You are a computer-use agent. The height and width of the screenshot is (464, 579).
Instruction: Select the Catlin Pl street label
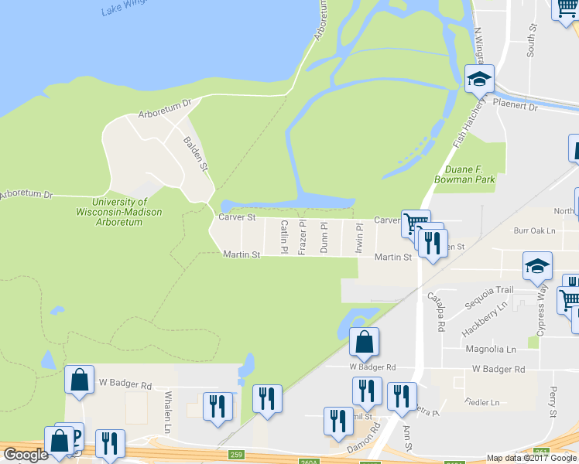click(284, 237)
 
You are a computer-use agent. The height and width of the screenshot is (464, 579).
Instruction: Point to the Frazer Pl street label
click(303, 237)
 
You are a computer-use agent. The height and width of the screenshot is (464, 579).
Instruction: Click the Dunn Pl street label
click(324, 237)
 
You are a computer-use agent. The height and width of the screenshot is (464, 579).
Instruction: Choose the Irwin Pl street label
click(359, 237)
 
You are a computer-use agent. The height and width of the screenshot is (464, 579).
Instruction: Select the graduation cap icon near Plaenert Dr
click(479, 79)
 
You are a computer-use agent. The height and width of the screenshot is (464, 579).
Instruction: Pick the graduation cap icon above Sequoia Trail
click(537, 266)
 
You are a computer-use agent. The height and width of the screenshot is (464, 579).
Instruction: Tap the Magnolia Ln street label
click(490, 350)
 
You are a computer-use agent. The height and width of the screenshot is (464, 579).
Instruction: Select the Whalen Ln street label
click(167, 411)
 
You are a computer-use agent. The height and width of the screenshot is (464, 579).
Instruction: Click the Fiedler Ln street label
click(483, 403)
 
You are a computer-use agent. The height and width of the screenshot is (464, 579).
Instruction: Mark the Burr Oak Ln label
click(535, 230)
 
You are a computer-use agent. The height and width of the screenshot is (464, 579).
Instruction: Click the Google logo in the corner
click(25, 455)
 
